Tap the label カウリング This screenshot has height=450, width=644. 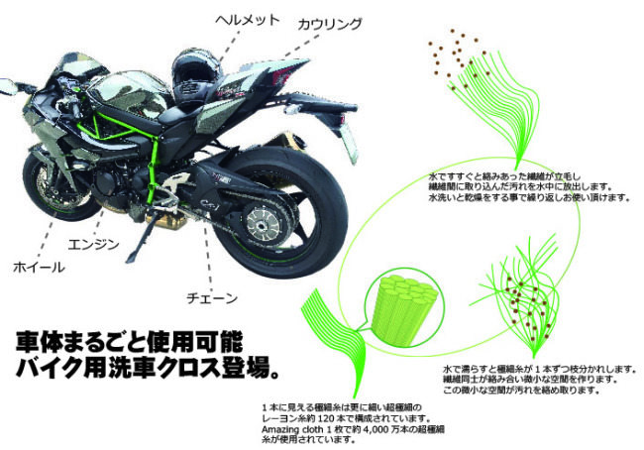coord(331,23)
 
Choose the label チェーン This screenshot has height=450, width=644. coord(211,295)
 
